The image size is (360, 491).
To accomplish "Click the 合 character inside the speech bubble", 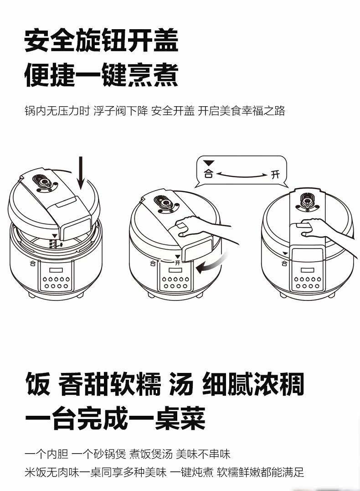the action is click(x=209, y=174).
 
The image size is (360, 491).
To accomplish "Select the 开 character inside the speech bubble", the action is click(x=274, y=174).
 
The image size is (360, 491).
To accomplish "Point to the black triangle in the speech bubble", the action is click(x=209, y=163).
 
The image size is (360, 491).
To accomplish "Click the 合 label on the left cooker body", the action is click(x=32, y=264).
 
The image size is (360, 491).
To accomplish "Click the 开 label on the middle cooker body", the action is click(x=177, y=264).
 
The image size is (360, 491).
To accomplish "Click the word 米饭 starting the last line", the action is click(x=35, y=472).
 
